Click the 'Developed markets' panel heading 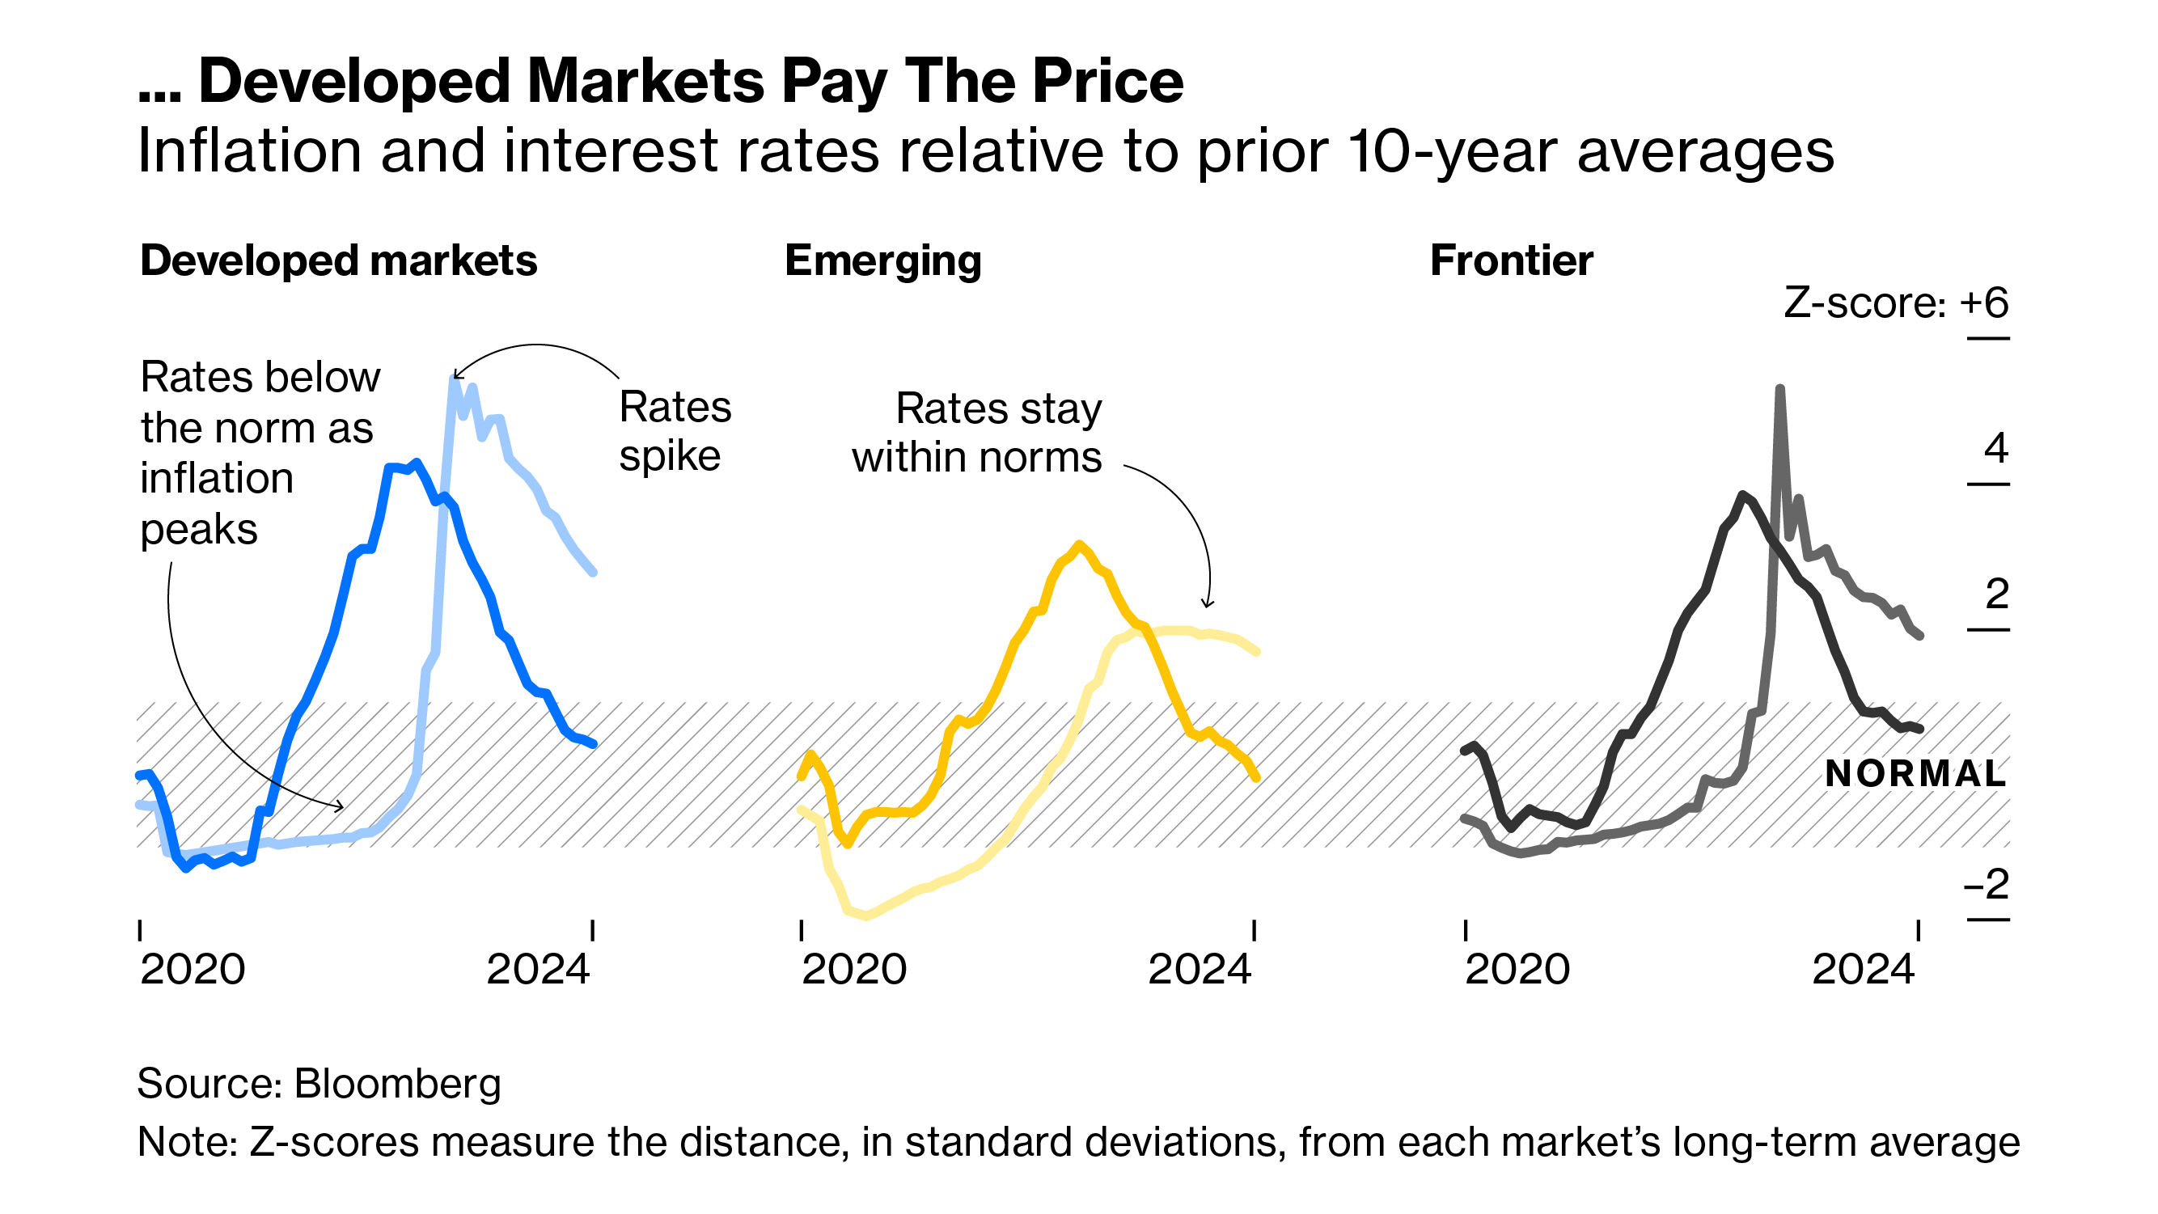(338, 260)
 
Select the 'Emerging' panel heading (883, 260)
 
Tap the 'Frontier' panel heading (1511, 260)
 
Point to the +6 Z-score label (1984, 302)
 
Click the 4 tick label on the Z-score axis (1996, 448)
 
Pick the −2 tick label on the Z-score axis (1987, 884)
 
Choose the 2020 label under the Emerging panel (853, 970)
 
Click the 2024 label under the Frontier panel (1863, 970)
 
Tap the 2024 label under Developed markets (538, 970)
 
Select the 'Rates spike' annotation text (675, 431)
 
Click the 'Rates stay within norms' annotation (978, 434)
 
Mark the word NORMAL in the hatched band (1915, 773)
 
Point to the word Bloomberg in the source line (398, 1083)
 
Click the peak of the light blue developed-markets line (454, 379)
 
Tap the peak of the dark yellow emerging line (1080, 544)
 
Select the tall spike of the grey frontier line (1779, 390)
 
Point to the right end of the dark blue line (593, 743)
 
